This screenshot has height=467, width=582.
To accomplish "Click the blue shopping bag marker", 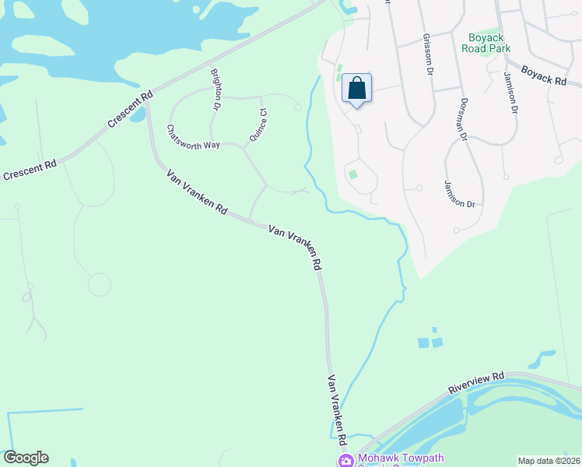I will click(356, 89).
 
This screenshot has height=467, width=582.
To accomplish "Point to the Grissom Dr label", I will click(428, 54).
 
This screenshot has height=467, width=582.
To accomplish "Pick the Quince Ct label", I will click(258, 125).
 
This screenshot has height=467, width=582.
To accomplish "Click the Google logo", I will click(26, 458).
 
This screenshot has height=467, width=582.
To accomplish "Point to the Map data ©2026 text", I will click(549, 461).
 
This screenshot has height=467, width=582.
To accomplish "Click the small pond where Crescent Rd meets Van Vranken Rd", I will click(138, 115).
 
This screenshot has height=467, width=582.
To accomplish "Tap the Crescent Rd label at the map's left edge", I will click(30, 170).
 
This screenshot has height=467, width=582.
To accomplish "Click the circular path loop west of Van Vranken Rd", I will click(99, 285).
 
